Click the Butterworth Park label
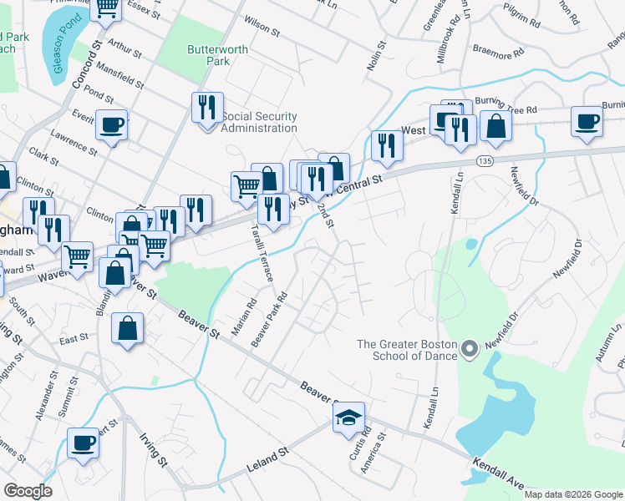click(x=217, y=55)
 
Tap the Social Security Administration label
click(x=259, y=122)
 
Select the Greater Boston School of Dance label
click(x=408, y=350)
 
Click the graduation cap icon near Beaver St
click(x=348, y=417)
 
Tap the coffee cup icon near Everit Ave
click(x=111, y=125)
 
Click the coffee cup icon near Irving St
click(x=83, y=443)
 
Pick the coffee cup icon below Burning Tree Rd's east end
click(x=587, y=122)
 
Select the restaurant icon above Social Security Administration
click(x=207, y=108)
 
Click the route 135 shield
click(x=484, y=159)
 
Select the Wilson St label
click(x=262, y=26)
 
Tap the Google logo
click(x=28, y=491)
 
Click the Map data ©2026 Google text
click(x=572, y=494)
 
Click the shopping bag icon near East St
click(x=127, y=328)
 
